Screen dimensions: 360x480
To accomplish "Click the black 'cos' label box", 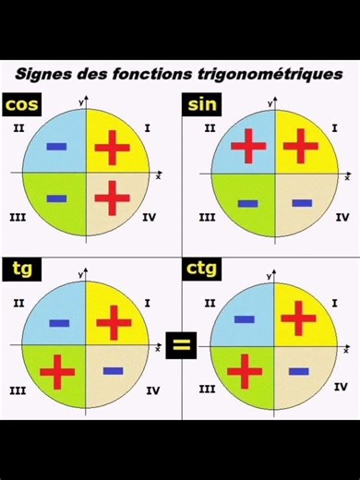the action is pyautogui.click(x=22, y=105).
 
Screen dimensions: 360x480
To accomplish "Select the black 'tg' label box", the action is pyautogui.click(x=20, y=270).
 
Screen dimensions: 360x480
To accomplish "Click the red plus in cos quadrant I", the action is pyautogui.click(x=113, y=147).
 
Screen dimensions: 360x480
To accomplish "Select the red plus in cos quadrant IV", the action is pyautogui.click(x=113, y=198).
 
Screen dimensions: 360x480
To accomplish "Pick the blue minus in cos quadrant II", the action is pyautogui.click(x=56, y=147).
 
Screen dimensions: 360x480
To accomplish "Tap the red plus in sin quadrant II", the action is pyautogui.click(x=247, y=147).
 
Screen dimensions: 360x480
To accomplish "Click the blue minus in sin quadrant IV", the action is pyautogui.click(x=302, y=202).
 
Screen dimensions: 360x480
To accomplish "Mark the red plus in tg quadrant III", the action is pyautogui.click(x=57, y=371).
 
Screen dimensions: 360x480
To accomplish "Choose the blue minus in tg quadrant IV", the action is pyautogui.click(x=113, y=371).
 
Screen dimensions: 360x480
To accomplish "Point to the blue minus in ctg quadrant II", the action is pyautogui.click(x=244, y=319).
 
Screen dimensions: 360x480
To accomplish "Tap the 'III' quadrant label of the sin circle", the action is pyautogui.click(x=207, y=218).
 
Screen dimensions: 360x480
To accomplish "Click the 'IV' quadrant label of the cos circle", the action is pyautogui.click(x=151, y=218).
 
